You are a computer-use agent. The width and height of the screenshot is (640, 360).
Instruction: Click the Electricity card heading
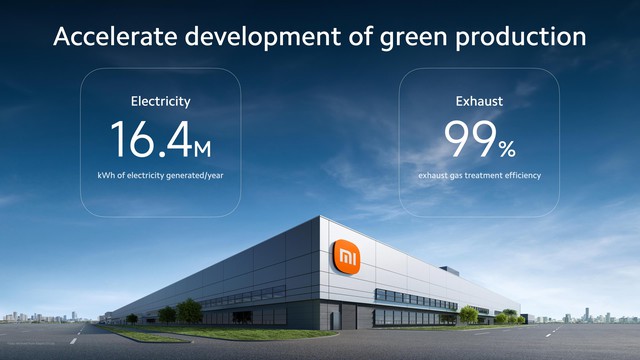click(x=160, y=101)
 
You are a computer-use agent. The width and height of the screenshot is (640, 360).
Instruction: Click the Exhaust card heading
click(x=480, y=101)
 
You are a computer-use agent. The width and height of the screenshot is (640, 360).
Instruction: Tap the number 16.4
click(x=149, y=140)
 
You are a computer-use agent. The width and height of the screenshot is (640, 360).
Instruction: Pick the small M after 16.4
click(x=202, y=149)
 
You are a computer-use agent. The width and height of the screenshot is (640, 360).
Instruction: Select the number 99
click(x=469, y=140)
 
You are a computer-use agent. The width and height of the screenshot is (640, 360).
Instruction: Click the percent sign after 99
click(x=507, y=149)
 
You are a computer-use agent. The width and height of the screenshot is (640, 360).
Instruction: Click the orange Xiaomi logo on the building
click(x=345, y=258)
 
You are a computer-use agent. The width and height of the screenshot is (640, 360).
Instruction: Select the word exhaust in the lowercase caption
click(x=435, y=176)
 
